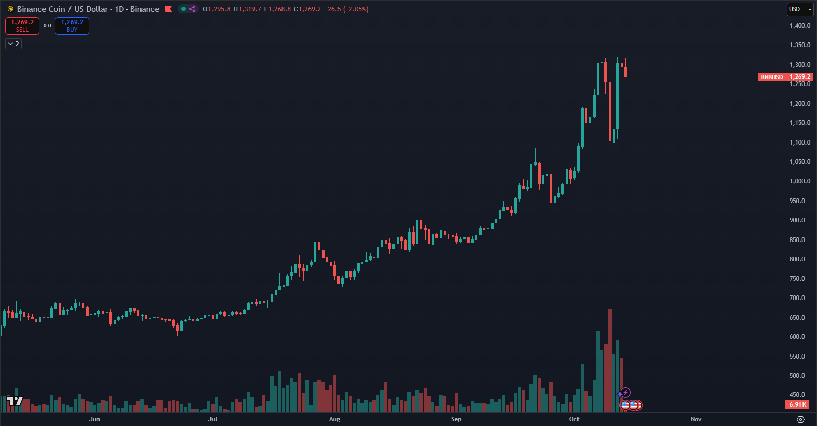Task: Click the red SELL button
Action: click(x=22, y=26)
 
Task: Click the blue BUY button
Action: click(x=72, y=26)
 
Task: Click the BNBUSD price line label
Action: click(x=771, y=77)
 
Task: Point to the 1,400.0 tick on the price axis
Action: click(x=799, y=26)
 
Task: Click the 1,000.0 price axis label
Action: click(x=799, y=181)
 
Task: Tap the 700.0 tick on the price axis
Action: click(x=797, y=298)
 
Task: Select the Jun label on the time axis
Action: click(x=94, y=419)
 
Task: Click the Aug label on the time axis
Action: click(x=334, y=419)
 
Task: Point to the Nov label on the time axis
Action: click(x=696, y=419)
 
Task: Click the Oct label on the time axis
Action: click(x=574, y=419)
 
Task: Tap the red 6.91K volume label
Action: click(x=797, y=404)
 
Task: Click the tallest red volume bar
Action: click(x=610, y=363)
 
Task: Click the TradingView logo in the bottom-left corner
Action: click(x=15, y=401)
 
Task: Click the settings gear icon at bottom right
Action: click(x=800, y=419)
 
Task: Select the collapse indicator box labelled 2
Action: click(x=13, y=44)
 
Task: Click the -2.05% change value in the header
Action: click(x=356, y=9)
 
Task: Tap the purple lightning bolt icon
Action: click(x=626, y=393)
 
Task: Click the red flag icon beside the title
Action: click(x=168, y=9)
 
